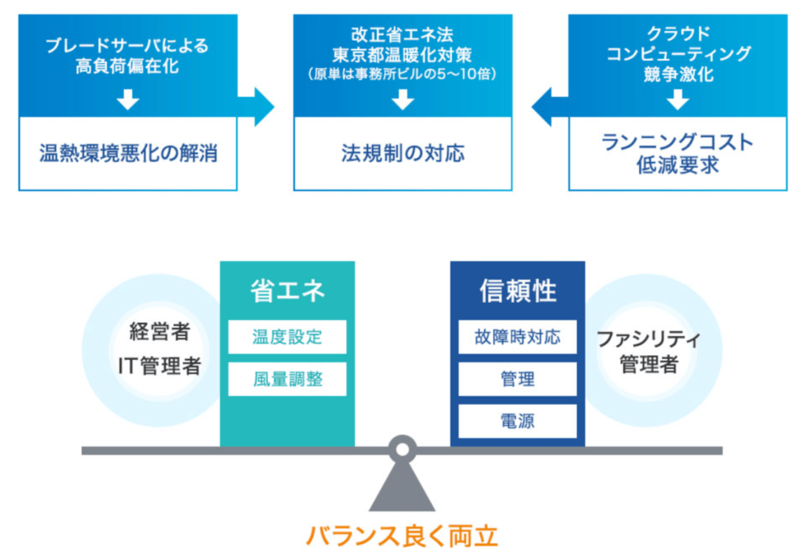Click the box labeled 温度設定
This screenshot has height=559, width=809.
tap(287, 337)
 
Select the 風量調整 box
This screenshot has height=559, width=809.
tap(287, 379)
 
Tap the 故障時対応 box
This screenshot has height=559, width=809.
tap(518, 337)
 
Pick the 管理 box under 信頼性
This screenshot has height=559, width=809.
tap(518, 379)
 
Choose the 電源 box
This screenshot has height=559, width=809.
tap(518, 421)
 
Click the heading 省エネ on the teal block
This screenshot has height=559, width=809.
tap(287, 291)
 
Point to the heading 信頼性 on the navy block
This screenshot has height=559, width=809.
tap(518, 291)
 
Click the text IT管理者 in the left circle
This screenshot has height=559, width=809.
tap(159, 365)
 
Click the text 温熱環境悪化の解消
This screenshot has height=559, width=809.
tap(128, 154)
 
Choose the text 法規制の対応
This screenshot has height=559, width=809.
tap(403, 154)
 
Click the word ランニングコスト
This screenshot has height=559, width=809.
tap(678, 142)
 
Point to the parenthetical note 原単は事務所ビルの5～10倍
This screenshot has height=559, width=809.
tap(403, 74)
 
